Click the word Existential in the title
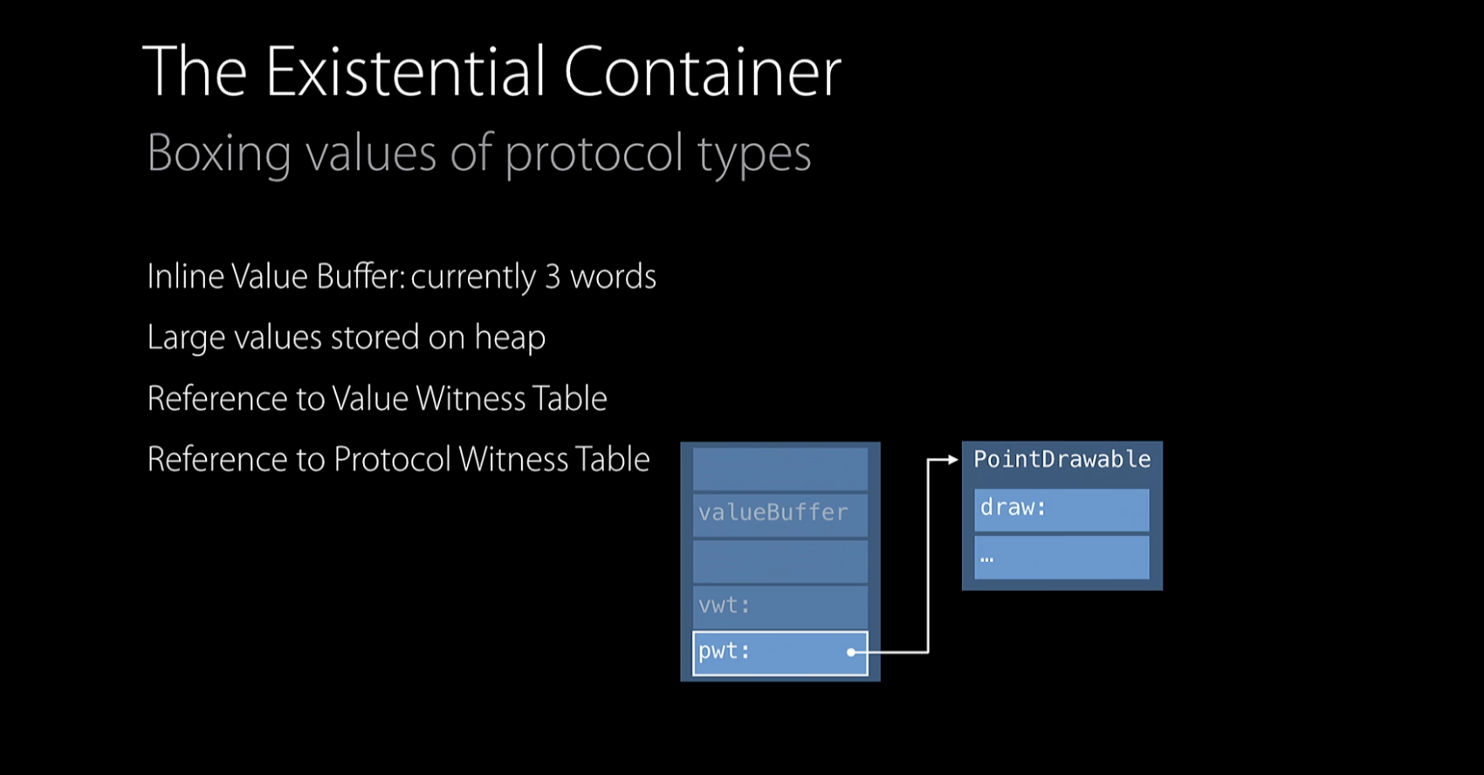(x=405, y=72)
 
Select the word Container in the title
(x=702, y=72)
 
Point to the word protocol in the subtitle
(x=594, y=155)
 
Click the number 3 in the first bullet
(x=553, y=277)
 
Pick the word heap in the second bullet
(x=510, y=339)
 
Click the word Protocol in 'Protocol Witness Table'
(x=392, y=460)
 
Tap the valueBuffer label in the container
(x=773, y=512)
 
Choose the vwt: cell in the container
(x=780, y=606)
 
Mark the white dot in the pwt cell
(x=851, y=652)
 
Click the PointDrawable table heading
(x=1061, y=460)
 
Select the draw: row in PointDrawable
(x=1061, y=509)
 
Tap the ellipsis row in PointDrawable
(x=1061, y=557)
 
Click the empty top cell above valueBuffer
(x=780, y=469)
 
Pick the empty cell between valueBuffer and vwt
(x=780, y=560)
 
